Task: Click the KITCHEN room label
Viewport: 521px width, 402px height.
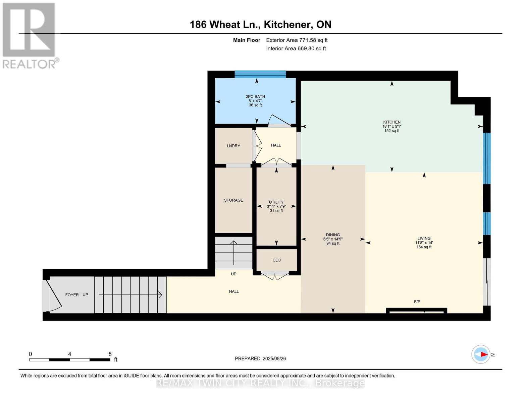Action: coord(392,122)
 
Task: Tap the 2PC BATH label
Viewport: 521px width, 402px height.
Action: coord(255,96)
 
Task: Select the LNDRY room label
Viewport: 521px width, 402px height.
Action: coord(233,146)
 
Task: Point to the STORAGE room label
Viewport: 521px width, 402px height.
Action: coord(233,200)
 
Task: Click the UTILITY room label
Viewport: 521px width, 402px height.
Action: coord(276,202)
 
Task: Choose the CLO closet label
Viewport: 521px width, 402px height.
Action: coord(276,260)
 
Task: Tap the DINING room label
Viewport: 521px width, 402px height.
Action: coord(333,234)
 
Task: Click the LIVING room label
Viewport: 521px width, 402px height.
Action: coord(424,238)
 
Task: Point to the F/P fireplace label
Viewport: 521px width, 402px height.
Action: coord(417,302)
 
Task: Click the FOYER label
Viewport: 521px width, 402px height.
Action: coord(72,295)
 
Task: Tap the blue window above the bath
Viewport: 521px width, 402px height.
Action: coord(260,74)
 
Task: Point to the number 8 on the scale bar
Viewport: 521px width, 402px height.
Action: coord(110,354)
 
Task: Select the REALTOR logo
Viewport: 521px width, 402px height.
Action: coord(30,36)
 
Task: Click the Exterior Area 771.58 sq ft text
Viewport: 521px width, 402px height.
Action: coord(297,40)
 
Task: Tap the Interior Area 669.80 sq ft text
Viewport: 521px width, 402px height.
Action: coord(296,49)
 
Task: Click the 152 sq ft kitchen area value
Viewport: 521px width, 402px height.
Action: coord(392,131)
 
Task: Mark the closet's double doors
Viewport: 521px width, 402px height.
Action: coord(275,275)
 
